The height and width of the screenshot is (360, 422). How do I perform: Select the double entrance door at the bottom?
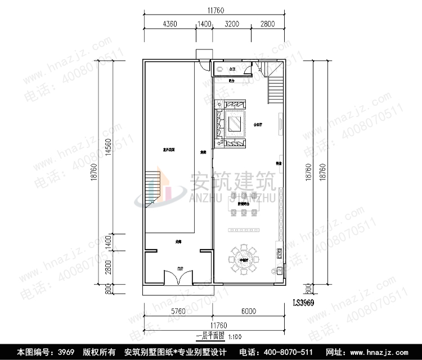[x=178, y=278]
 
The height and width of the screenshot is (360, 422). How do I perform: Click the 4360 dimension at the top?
[x=170, y=24]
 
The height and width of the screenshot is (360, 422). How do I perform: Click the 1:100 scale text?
[x=236, y=336]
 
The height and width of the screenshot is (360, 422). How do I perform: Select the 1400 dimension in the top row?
[x=204, y=24]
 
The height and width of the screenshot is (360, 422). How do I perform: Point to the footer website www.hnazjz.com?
[x=383, y=352]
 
